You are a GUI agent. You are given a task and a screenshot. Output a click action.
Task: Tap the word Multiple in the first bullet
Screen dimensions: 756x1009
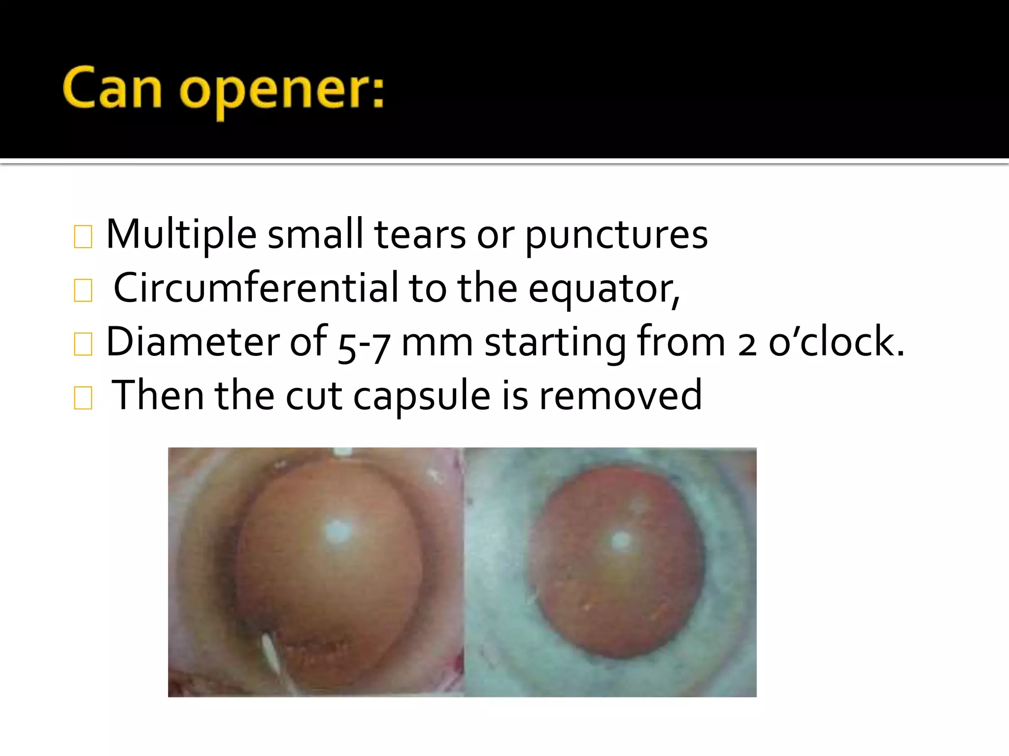[181, 234]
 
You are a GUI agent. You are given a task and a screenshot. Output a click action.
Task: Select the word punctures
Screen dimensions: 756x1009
[616, 235]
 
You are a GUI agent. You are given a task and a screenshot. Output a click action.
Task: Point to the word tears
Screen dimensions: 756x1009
[420, 234]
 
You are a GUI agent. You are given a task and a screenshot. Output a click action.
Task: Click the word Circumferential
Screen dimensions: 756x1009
[255, 288]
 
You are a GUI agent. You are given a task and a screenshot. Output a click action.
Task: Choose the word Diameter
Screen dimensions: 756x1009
[192, 342]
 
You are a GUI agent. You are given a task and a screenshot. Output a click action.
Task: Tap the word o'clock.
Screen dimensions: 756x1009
[837, 342]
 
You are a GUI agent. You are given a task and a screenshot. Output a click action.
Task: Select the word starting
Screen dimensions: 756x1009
[555, 343]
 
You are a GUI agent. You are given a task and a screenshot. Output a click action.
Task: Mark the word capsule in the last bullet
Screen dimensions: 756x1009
[422, 396]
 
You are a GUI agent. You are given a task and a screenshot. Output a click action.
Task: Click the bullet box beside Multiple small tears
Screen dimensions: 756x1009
[83, 237]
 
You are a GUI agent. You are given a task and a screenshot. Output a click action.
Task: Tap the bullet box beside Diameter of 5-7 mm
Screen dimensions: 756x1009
[83, 344]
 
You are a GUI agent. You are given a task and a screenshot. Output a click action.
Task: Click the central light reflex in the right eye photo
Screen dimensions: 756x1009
[620, 540]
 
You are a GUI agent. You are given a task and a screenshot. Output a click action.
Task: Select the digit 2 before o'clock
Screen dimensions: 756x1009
[747, 343]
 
